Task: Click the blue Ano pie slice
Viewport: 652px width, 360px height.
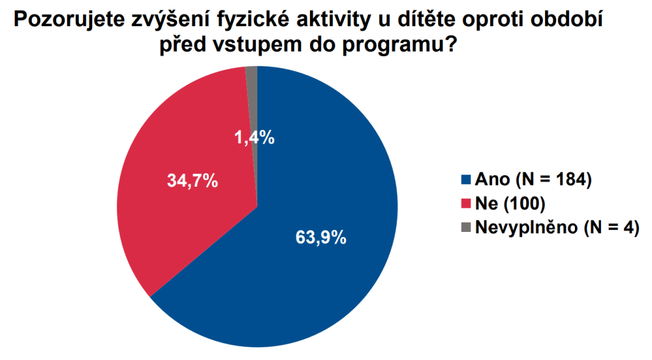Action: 331,274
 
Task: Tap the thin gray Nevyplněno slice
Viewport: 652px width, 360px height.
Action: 252,96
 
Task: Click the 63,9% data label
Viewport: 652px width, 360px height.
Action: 321,238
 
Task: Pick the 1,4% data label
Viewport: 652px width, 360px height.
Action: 254,137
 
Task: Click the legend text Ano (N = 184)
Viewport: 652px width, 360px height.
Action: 534,180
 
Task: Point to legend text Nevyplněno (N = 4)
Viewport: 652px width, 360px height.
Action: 557,226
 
